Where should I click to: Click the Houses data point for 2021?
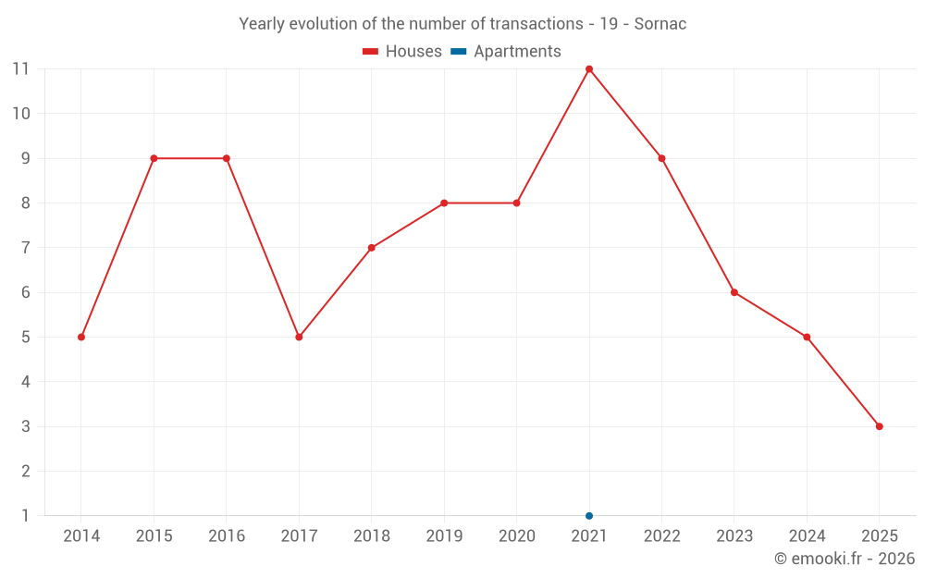click(589, 69)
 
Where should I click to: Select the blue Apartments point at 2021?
click(589, 515)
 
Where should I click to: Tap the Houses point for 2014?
click(81, 337)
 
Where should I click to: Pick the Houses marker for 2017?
click(299, 337)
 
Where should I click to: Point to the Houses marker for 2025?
click(879, 426)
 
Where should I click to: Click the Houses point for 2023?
click(734, 292)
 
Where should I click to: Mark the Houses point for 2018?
click(371, 248)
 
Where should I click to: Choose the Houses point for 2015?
click(154, 158)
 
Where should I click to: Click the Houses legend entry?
click(402, 52)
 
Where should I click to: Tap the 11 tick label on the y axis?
click(20, 69)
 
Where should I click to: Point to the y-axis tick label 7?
click(25, 248)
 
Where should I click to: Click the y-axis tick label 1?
click(25, 515)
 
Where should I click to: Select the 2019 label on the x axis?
click(444, 536)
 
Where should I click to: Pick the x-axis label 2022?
click(661, 536)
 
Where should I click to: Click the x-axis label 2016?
click(227, 536)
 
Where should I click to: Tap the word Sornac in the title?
click(660, 24)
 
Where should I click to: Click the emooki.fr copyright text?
click(845, 559)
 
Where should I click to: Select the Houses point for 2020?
click(516, 203)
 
